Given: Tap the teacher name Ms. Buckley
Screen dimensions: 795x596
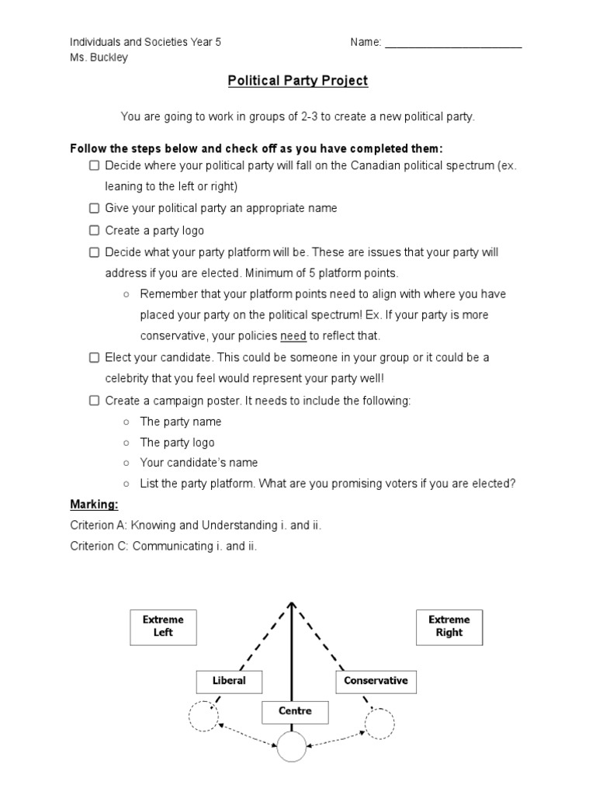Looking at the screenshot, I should tap(99, 57).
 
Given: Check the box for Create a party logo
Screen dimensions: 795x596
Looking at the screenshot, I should tap(94, 231).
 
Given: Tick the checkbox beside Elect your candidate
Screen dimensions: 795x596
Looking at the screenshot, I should tap(94, 358).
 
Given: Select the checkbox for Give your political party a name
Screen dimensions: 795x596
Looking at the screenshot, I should tap(94, 208).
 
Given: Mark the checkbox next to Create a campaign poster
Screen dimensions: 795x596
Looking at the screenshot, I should tap(94, 401).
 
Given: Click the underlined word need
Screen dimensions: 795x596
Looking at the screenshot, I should tap(293, 336).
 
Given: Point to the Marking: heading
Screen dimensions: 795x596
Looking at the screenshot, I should tap(94, 505).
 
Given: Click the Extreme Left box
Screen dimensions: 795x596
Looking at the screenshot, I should tap(163, 627).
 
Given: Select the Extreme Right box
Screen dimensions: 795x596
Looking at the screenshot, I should tap(449, 627).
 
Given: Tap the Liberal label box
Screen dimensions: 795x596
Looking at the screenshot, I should tap(229, 681).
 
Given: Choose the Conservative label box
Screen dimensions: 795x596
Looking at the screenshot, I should tap(376, 681).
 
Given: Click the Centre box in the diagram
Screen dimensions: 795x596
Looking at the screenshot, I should tap(295, 711).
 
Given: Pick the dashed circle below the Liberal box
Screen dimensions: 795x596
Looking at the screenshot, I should tap(204, 717).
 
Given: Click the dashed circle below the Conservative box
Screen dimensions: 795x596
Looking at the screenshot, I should tap(380, 722).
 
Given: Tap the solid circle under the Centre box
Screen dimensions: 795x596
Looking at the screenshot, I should tap(292, 747).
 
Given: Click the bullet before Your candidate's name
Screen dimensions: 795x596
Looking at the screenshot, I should tap(126, 463).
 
